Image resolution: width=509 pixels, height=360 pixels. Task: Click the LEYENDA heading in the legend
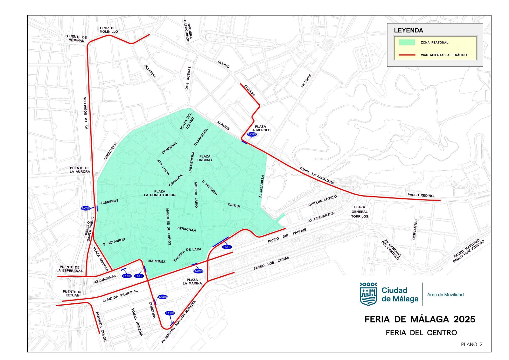(x=408, y=31)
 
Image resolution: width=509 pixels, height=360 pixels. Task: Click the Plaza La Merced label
(x=260, y=128)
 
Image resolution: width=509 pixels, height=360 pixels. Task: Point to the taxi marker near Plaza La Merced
(x=252, y=135)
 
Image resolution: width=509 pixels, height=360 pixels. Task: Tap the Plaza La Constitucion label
(x=160, y=193)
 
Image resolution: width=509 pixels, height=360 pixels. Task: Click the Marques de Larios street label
(x=168, y=226)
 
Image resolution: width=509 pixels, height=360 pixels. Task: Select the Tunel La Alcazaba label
(x=317, y=176)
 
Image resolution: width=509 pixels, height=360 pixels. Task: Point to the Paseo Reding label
(x=420, y=195)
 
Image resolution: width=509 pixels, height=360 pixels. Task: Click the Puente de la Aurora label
(x=80, y=170)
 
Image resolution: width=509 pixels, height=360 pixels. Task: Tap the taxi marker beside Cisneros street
(x=86, y=208)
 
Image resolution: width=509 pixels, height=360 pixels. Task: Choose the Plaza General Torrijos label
(x=359, y=212)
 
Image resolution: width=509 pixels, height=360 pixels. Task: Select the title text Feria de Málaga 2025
(x=420, y=319)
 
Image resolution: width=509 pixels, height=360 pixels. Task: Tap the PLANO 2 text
(x=471, y=344)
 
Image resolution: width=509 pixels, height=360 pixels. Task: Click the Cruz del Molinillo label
(x=109, y=30)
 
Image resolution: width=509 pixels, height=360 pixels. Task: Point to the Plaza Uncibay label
(x=205, y=158)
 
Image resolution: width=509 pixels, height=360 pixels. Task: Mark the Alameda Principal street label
(x=120, y=296)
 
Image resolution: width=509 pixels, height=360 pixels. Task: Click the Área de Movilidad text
(x=445, y=295)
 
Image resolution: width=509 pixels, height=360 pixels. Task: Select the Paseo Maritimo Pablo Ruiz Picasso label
(x=469, y=251)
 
